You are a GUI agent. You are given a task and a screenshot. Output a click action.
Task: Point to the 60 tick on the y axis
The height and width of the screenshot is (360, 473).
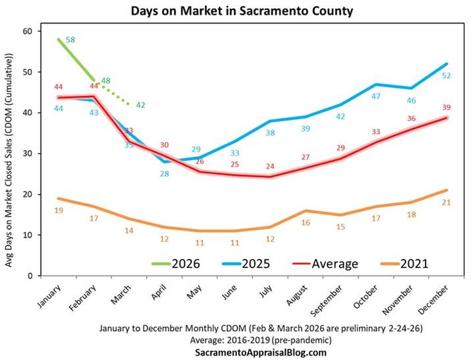point(27,31)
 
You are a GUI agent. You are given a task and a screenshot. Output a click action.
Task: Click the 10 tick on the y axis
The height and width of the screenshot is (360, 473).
point(27,235)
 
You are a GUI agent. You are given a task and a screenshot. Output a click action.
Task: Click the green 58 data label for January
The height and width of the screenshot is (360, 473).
point(70,40)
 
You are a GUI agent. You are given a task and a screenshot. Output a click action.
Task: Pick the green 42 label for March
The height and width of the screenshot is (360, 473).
point(141,105)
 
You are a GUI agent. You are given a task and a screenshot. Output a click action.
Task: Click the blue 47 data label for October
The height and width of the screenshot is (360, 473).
point(376,96)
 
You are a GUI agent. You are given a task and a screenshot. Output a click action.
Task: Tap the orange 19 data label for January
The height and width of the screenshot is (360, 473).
point(58,210)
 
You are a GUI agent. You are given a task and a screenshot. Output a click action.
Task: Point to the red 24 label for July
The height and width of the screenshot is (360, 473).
point(270,166)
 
